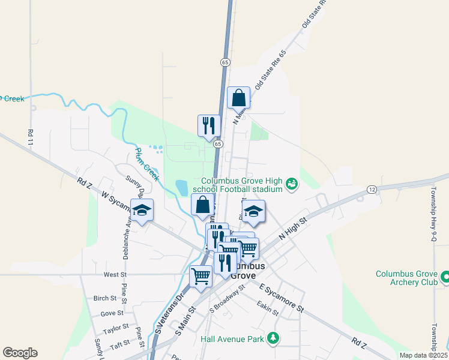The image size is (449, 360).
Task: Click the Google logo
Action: pyautogui.click(x=20, y=353)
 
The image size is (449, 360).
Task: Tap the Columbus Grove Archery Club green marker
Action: pyautogui.click(x=445, y=277)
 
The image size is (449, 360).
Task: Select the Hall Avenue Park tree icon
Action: pyautogui.click(x=273, y=339)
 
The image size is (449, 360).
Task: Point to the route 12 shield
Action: pyautogui.click(x=372, y=190)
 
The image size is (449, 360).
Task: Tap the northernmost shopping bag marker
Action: pyautogui.click(x=238, y=97)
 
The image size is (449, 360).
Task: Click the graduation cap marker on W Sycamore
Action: pyautogui.click(x=142, y=211)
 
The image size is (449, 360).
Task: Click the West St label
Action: pyautogui.click(x=115, y=274)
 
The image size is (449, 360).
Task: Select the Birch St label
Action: pyautogui.click(x=104, y=298)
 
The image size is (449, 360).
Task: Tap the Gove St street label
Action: pyautogui.click(x=112, y=313)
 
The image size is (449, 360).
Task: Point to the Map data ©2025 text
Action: pyautogui.click(x=423, y=355)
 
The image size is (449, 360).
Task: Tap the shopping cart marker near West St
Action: pyautogui.click(x=200, y=276)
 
